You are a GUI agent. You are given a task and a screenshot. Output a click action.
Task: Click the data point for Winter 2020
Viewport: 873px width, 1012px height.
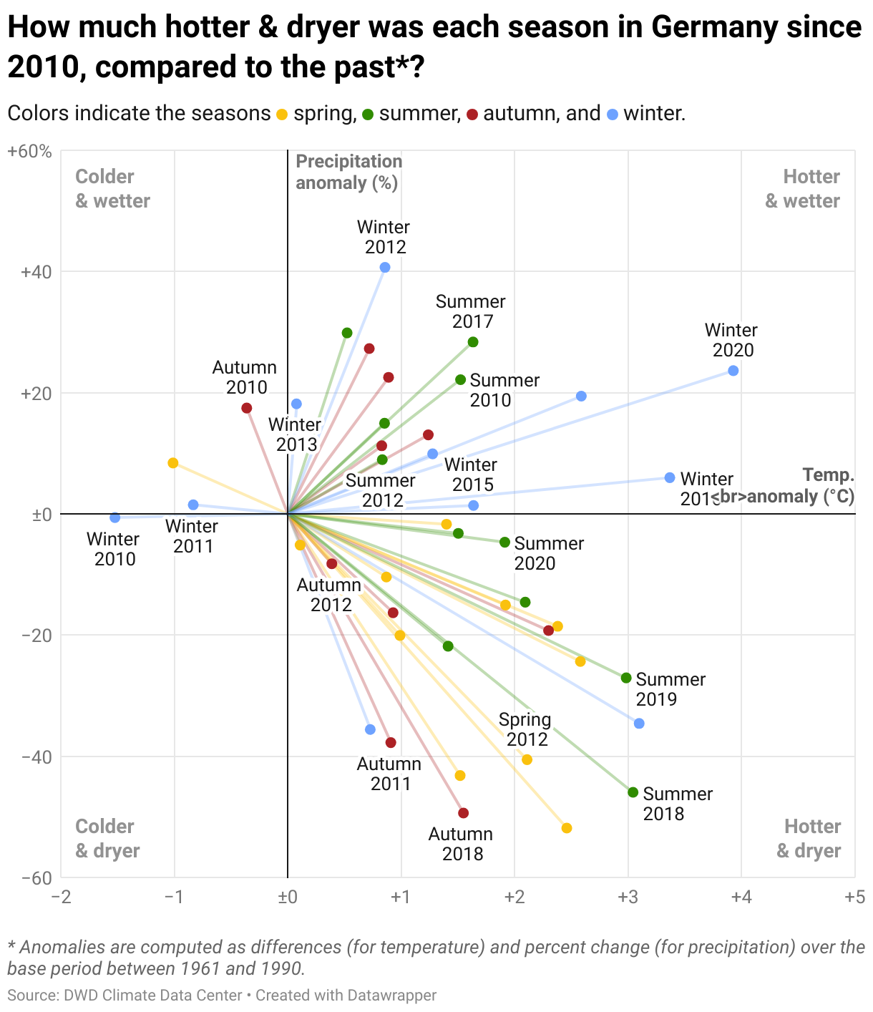pyautogui.click(x=733, y=371)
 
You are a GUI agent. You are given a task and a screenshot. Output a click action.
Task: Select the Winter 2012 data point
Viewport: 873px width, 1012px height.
pyautogui.click(x=385, y=268)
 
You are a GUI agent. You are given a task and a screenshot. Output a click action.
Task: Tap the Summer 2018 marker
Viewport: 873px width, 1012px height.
pyautogui.click(x=633, y=792)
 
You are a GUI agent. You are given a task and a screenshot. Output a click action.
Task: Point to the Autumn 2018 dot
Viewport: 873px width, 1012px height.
pyautogui.click(x=463, y=813)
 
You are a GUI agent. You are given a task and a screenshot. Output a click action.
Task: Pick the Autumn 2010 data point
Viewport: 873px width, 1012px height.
pyautogui.click(x=247, y=408)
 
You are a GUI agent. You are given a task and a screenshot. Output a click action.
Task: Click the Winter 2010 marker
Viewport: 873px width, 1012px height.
pyautogui.click(x=115, y=517)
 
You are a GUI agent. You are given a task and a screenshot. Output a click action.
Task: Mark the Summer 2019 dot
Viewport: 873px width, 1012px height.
pyautogui.click(x=626, y=678)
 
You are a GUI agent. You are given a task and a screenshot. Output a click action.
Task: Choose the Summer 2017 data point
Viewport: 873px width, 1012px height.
pyautogui.click(x=473, y=342)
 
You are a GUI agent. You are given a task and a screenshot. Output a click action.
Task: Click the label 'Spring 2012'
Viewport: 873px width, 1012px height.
pyautogui.click(x=525, y=729)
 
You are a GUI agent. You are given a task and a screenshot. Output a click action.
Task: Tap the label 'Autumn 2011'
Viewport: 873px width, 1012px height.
pyautogui.click(x=390, y=774)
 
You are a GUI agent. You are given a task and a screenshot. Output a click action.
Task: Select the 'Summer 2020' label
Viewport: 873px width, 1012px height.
pyautogui.click(x=548, y=553)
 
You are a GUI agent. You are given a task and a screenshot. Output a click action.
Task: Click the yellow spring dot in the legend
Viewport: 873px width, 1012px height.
pyautogui.click(x=283, y=115)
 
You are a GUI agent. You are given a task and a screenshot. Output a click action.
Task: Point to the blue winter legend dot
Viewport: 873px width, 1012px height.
pyautogui.click(x=613, y=115)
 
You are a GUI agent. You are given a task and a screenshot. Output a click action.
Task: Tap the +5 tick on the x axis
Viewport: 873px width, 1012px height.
pyautogui.click(x=854, y=897)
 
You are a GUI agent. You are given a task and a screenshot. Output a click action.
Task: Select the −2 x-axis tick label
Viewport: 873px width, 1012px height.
pyautogui.click(x=61, y=897)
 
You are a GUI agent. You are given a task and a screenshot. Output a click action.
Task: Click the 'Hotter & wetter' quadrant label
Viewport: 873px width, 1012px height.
pyautogui.click(x=802, y=188)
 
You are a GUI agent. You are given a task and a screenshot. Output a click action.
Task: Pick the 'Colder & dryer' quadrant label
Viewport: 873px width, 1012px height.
pyautogui.click(x=107, y=838)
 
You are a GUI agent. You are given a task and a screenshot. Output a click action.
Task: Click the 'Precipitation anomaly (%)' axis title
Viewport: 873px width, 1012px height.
pyautogui.click(x=348, y=172)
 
